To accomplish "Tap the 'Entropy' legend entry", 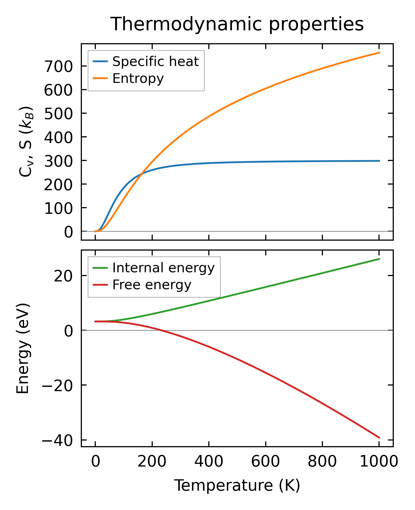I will coord(138,78).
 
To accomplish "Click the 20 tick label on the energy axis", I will coord(63,276).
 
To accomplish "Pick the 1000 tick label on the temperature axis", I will coord(378,462).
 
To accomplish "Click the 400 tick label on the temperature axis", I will coord(209,462).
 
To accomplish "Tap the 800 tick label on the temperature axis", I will coord(322,462).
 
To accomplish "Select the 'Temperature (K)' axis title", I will coord(237,485).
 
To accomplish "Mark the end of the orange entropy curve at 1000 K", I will coord(379,53).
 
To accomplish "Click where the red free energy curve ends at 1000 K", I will coord(379,438).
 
